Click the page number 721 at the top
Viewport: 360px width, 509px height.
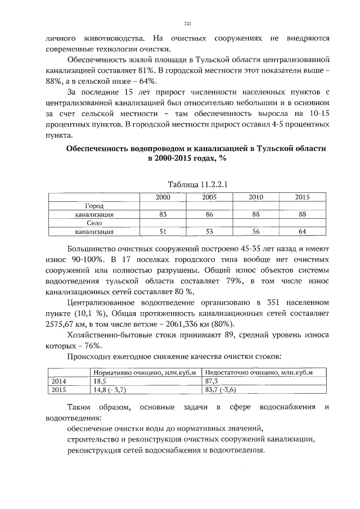188,24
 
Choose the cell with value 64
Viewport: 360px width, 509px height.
302,231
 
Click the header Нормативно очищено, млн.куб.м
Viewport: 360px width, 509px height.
144,372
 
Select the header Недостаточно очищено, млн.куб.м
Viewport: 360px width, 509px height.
259,372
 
